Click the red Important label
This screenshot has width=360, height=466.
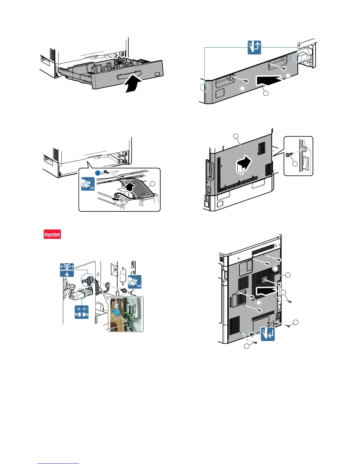tap(52, 234)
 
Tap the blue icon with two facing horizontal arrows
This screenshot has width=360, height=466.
tap(81, 312)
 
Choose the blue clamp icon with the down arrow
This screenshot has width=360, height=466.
tap(67, 270)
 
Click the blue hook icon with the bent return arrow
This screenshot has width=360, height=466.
tap(268, 334)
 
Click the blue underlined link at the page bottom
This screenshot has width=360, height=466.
tap(58, 463)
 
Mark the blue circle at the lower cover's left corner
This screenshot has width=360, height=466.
tap(204, 87)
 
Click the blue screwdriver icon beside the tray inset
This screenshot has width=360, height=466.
tap(88, 184)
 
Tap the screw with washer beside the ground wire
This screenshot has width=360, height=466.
tap(124, 291)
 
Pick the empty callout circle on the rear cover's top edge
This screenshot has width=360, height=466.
tap(236, 136)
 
